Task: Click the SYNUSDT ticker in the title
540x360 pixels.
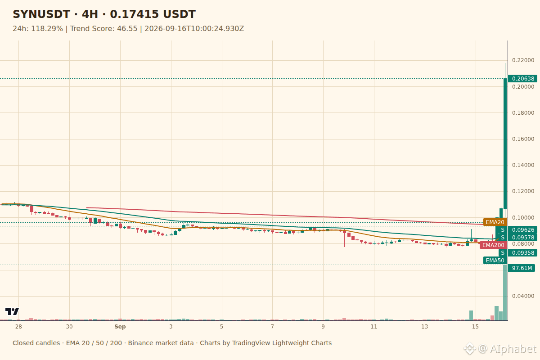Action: point(41,14)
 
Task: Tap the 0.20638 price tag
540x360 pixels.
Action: point(522,79)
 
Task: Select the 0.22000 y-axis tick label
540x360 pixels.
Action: point(523,60)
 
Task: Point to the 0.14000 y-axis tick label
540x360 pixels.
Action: point(523,165)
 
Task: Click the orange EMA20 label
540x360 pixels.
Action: point(495,222)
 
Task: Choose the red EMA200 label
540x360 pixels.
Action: point(493,245)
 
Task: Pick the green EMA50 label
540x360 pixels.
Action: point(495,261)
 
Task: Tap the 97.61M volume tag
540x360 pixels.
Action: point(522,268)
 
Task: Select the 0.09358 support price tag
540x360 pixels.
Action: point(518,253)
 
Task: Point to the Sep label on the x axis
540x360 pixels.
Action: point(120,327)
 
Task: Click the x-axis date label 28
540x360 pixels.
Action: point(18,327)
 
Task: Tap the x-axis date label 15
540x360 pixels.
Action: point(475,327)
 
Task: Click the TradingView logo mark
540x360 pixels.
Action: point(12,311)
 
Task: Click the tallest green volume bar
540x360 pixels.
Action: point(505,292)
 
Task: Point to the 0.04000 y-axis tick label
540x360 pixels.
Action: point(523,296)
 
